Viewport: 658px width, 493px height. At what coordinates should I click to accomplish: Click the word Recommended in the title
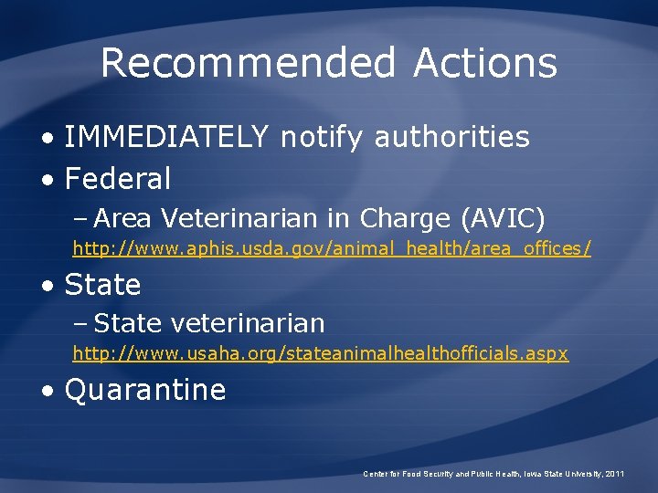(x=248, y=64)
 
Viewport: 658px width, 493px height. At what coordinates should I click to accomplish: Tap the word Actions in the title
(x=484, y=64)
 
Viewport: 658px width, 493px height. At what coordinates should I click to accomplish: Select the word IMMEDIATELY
(x=167, y=137)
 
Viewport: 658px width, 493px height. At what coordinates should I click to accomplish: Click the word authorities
(x=451, y=137)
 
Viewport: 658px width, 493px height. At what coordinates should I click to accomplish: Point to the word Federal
(x=118, y=179)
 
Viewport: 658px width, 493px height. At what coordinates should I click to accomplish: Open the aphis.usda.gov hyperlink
(x=332, y=248)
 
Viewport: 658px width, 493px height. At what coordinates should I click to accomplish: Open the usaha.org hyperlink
(x=320, y=353)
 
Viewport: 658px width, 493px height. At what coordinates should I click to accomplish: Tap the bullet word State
(x=102, y=285)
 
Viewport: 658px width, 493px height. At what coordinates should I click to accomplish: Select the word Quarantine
(x=145, y=390)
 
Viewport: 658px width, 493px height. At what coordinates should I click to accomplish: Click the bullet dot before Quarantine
(x=48, y=391)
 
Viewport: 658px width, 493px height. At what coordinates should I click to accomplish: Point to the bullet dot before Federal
(x=48, y=180)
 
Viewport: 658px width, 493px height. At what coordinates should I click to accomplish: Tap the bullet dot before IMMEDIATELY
(x=48, y=138)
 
